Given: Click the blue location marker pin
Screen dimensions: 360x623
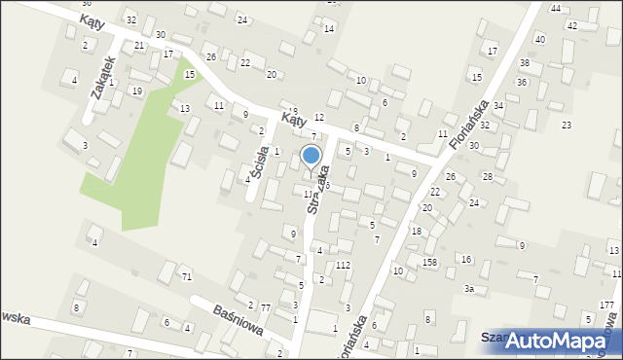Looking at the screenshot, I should pyautogui.click(x=311, y=157).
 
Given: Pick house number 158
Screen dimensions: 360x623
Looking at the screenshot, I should pyautogui.click(x=430, y=263).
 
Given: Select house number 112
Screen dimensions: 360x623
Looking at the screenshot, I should pyautogui.click(x=343, y=265).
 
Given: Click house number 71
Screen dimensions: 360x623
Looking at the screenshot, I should pyautogui.click(x=186, y=277).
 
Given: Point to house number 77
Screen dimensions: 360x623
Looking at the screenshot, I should pyautogui.click(x=265, y=307).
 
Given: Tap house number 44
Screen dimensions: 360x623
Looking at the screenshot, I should pyautogui.click(x=555, y=8).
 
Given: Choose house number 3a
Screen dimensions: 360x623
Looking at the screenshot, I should pyautogui.click(x=468, y=289).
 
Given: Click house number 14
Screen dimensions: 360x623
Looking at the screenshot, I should pyautogui.click(x=329, y=28).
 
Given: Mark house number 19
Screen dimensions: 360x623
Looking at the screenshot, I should pyautogui.click(x=136, y=90).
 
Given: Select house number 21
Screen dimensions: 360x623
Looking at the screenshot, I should pyautogui.click(x=139, y=46).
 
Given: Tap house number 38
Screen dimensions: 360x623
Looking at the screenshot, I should pyautogui.click(x=524, y=62).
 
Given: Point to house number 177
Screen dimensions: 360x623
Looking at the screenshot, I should pyautogui.click(x=606, y=306).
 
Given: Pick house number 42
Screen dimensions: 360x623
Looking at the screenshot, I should pyautogui.click(x=572, y=25).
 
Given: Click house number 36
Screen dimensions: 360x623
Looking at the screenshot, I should pyautogui.click(x=521, y=83).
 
